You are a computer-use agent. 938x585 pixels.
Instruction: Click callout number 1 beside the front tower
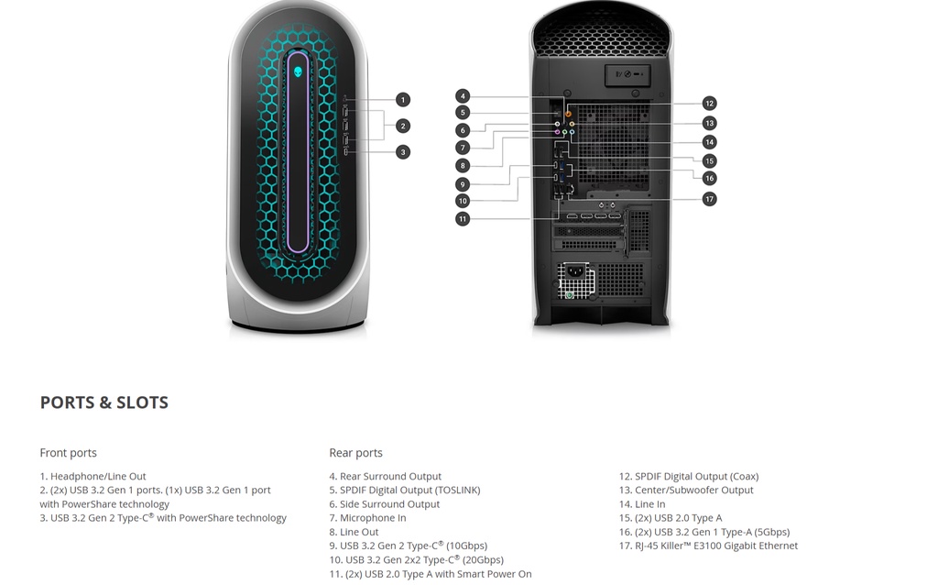click(x=403, y=100)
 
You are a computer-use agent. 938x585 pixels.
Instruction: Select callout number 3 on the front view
click(x=403, y=152)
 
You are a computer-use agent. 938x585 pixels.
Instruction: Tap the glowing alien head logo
click(x=298, y=72)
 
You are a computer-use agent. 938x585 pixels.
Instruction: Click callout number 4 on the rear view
click(x=463, y=95)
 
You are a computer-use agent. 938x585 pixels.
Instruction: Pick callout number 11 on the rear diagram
click(x=463, y=219)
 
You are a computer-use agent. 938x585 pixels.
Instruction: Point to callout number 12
click(x=710, y=104)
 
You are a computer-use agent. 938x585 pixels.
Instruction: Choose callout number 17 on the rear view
click(x=710, y=199)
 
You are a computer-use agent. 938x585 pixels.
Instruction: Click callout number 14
click(x=710, y=142)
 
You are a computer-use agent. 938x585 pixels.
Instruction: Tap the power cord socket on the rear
click(x=575, y=271)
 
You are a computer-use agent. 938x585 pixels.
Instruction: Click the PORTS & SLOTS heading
click(x=104, y=403)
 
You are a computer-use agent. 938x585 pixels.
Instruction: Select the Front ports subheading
click(x=68, y=453)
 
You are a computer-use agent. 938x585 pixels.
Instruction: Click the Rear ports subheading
click(x=356, y=453)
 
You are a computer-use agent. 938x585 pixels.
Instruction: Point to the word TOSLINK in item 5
click(x=456, y=491)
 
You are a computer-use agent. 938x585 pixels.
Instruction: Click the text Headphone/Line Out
click(x=98, y=477)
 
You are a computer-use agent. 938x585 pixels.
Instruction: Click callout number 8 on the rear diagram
click(x=463, y=166)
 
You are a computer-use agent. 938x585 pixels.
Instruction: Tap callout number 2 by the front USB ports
click(x=403, y=126)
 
